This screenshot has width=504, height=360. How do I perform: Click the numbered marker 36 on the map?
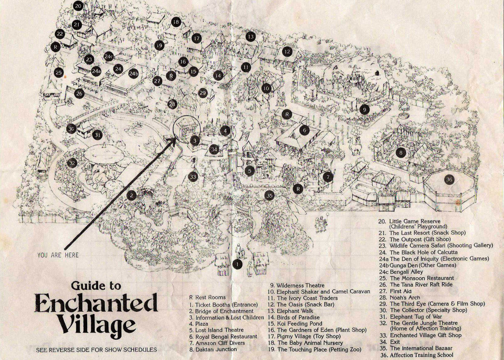coord(449,180)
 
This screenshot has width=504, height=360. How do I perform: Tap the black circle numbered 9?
coord(364,109)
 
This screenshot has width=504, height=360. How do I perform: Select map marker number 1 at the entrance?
coord(238,264)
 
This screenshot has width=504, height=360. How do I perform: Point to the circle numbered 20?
coord(78,6)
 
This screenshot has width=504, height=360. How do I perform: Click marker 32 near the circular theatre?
coord(71,163)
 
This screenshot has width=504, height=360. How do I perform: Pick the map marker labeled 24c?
coord(108,56)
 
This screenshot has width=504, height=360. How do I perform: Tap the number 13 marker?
coord(250,36)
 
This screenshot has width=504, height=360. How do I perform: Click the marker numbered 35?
coord(269,196)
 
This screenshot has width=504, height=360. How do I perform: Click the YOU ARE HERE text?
coord(58,255)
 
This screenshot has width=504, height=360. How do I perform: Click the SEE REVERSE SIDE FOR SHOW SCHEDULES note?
coord(96,350)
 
